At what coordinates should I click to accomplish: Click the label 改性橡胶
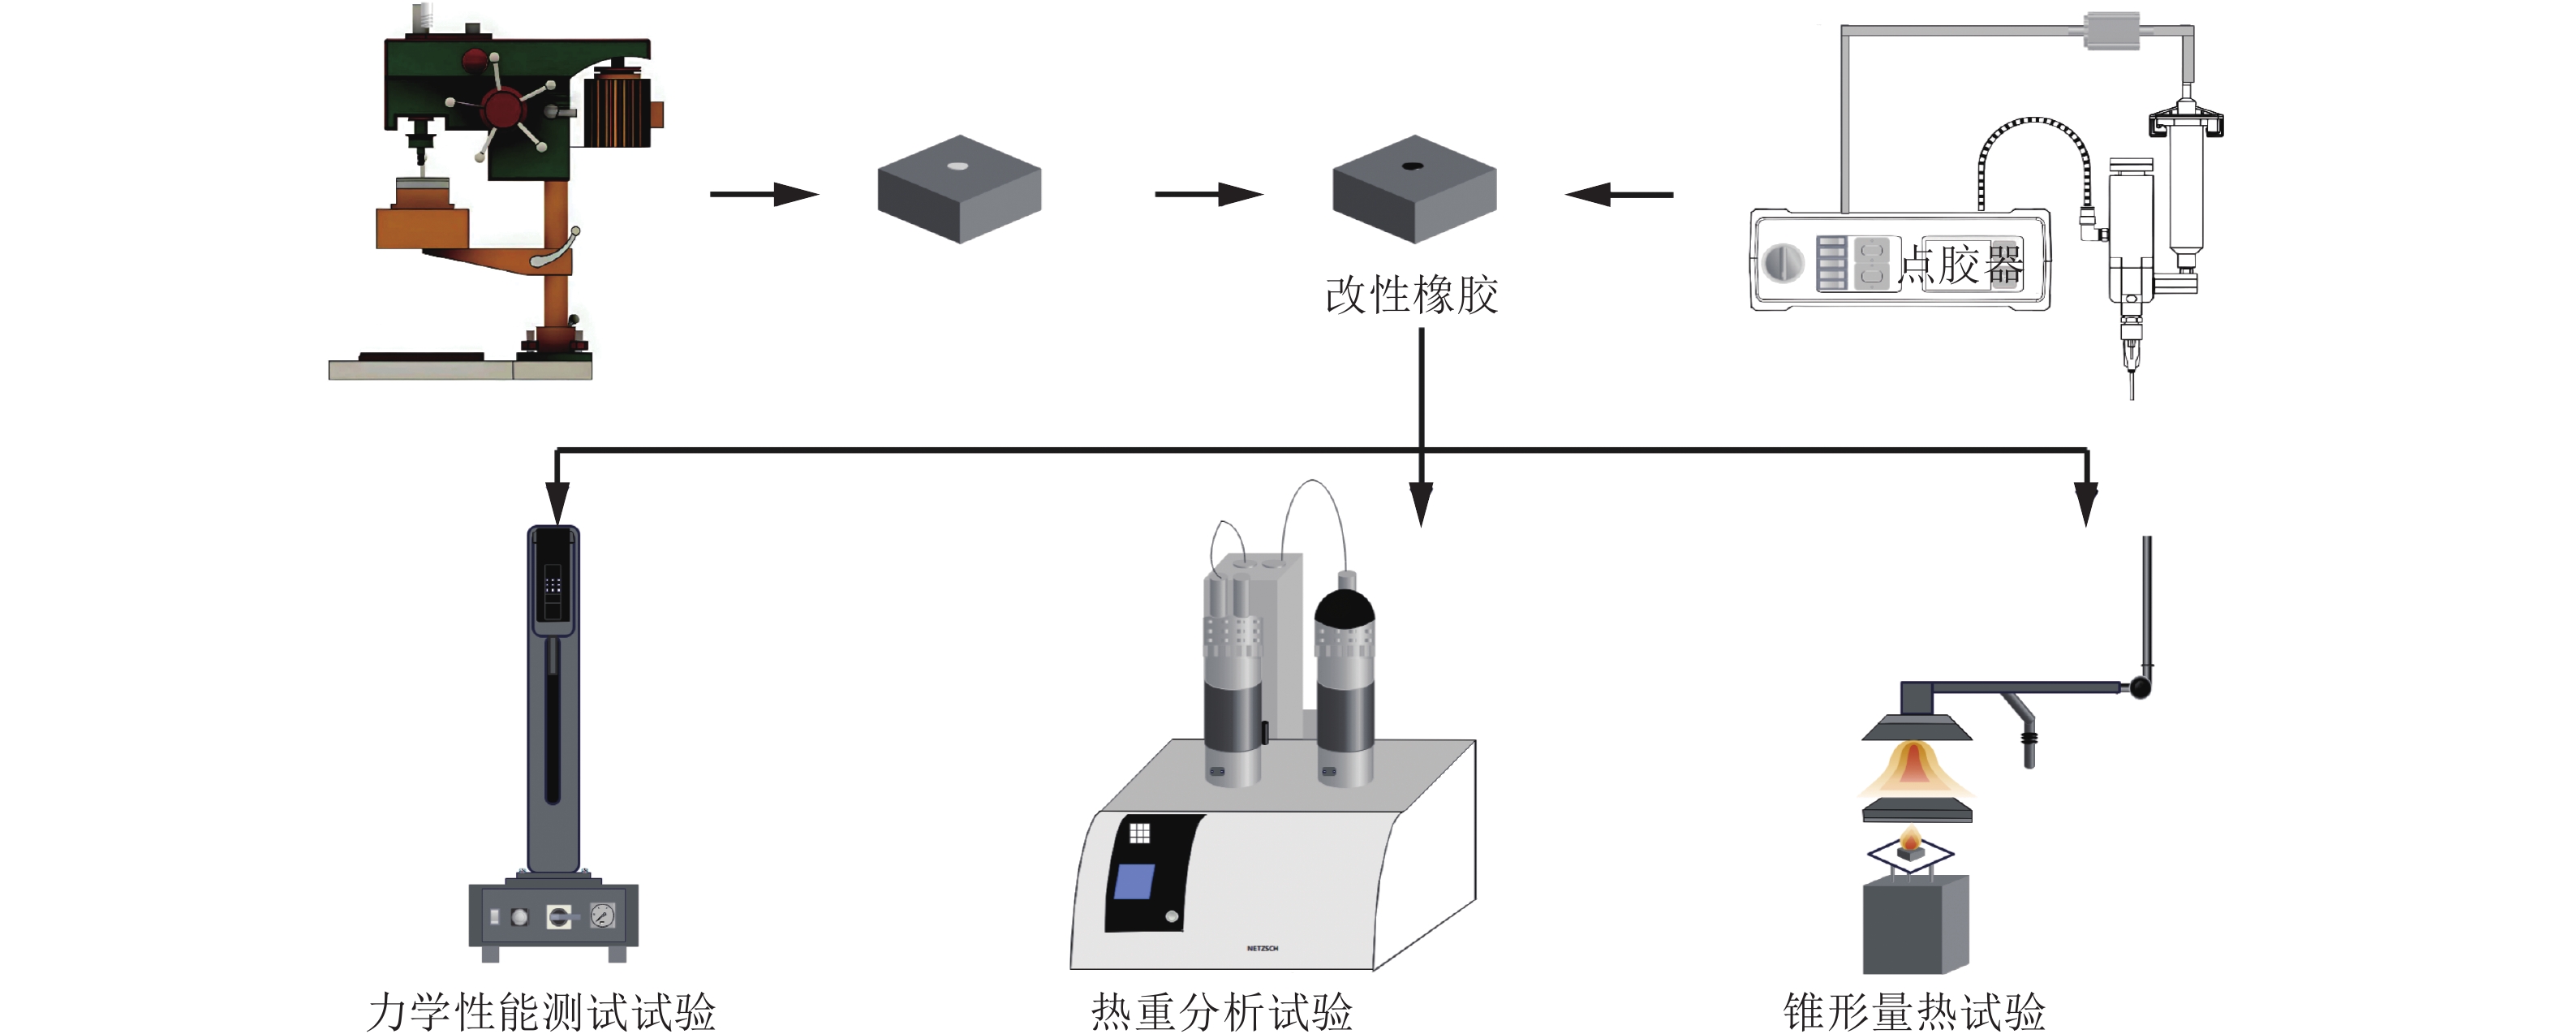point(1411,295)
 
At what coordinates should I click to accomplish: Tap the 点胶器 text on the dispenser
point(1960,265)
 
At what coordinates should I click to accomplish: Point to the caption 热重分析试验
point(1221,1011)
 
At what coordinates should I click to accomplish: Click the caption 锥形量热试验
point(1914,1011)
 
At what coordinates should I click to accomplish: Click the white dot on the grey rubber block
point(957,166)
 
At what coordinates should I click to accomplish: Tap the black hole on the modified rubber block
point(1412,166)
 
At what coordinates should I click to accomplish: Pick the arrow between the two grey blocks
point(1207,193)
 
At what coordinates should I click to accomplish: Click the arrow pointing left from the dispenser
point(1620,193)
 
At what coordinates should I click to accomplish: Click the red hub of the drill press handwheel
point(503,106)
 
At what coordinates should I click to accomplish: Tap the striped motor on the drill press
point(617,111)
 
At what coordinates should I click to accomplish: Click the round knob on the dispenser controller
point(1783,264)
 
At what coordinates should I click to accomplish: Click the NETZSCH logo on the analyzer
point(1262,949)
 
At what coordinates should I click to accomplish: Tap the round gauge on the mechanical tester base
point(602,915)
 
